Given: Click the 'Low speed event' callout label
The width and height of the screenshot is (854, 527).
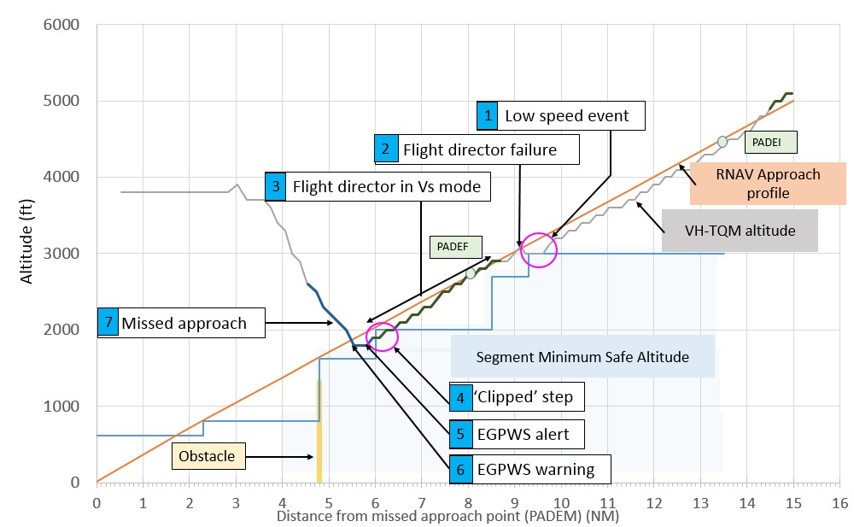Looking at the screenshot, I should coord(566,115).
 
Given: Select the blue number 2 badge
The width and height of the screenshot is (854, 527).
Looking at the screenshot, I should coord(386,149).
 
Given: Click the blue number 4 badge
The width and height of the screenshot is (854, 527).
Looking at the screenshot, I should coord(460,397).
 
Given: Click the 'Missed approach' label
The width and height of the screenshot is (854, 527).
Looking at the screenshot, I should coord(184,323).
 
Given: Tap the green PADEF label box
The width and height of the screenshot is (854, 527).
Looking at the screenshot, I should coord(455,247).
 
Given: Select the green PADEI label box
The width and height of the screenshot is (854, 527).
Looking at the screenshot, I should coord(766,140).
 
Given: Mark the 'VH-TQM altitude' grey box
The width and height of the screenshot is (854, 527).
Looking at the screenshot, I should coord(740,230).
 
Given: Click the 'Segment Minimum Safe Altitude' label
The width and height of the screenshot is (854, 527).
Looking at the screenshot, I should coord(582,357).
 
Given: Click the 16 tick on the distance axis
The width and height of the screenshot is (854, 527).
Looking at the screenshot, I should coord(839,502).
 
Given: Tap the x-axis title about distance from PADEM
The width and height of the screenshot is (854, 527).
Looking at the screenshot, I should coord(447,518).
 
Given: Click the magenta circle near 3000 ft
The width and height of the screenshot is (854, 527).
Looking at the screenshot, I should coord(539,249).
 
